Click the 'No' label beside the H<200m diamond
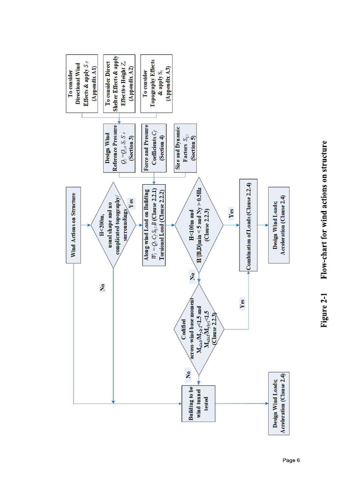pos(103,288)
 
